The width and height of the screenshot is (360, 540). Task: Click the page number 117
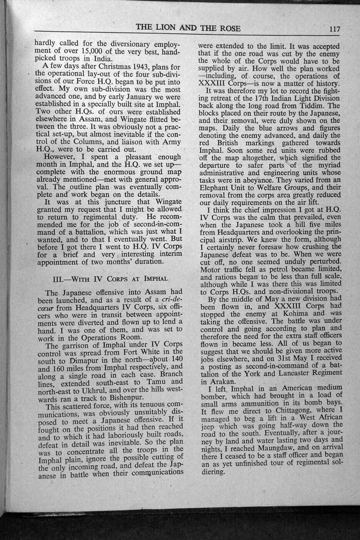tap(334, 28)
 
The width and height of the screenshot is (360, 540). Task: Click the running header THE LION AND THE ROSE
tap(188, 28)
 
